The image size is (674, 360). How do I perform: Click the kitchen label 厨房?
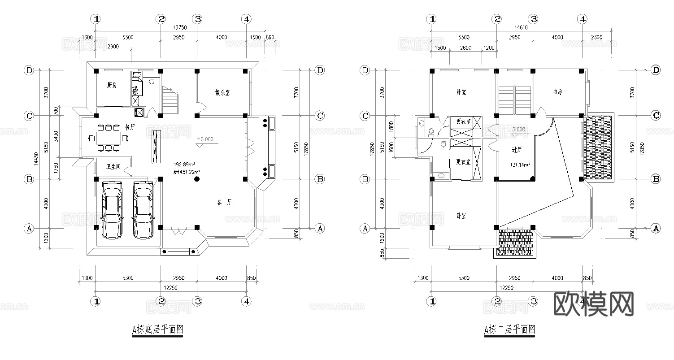click(112, 85)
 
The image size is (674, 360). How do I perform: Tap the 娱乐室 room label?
click(222, 93)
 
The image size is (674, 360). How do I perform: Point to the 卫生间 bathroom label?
click(113, 166)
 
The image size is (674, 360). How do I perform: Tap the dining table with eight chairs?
click(108, 138)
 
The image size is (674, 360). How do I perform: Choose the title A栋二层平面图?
click(509, 330)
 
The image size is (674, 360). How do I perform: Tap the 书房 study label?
click(557, 92)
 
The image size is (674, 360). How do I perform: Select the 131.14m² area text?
click(520, 165)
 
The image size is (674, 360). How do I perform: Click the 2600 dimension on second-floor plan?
click(465, 48)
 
